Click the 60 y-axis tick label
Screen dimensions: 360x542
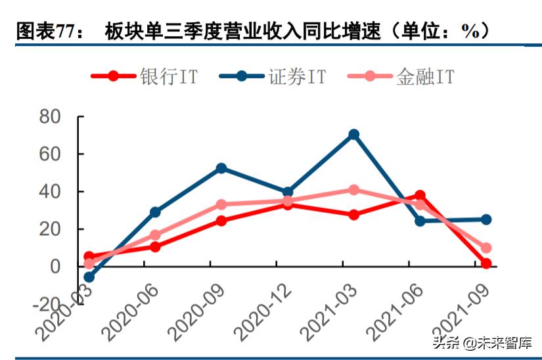coord(51,154)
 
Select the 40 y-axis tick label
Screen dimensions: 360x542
coord(51,192)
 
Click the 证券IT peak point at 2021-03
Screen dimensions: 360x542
coord(353,135)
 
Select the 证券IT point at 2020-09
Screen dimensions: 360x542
coord(221,168)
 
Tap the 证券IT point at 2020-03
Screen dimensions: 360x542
coord(89,277)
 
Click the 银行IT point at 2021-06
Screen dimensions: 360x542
coord(420,196)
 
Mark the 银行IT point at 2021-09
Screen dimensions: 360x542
coord(486,263)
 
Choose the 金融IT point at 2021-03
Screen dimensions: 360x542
coord(353,190)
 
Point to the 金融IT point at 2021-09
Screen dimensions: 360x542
coord(486,248)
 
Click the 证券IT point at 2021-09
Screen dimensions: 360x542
coord(486,219)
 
